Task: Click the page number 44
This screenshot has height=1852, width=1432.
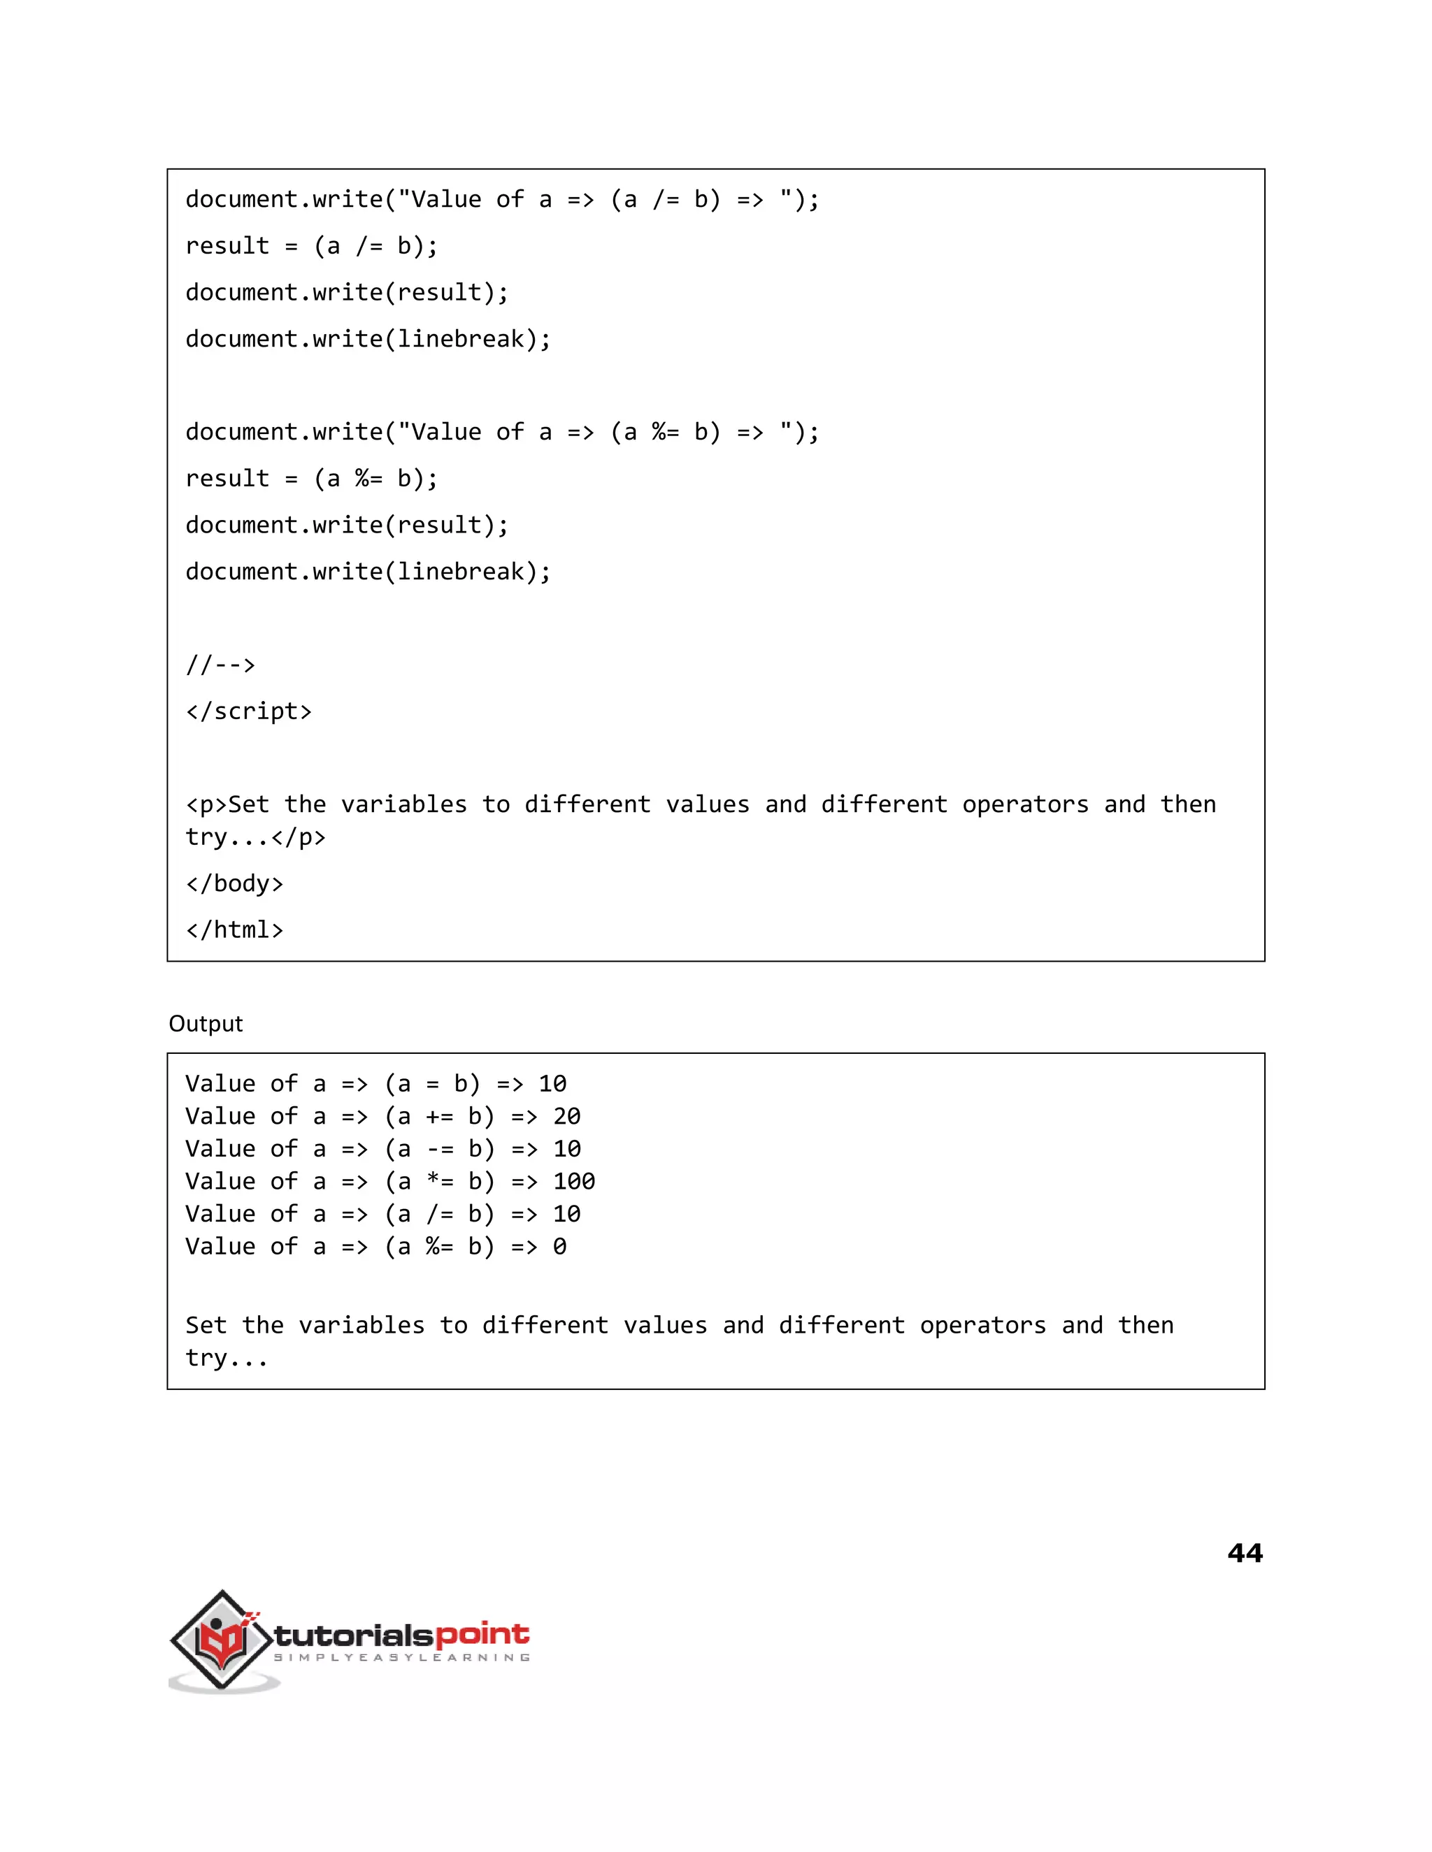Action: (x=1245, y=1553)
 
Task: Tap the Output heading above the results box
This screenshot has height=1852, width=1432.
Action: (x=206, y=1024)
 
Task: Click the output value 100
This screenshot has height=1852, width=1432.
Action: (x=574, y=1181)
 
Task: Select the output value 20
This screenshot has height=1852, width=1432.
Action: (x=566, y=1116)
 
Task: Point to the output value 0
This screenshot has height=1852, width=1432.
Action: (x=560, y=1247)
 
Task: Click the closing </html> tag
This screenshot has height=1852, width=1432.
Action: (x=234, y=930)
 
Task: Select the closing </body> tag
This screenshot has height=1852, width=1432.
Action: (x=234, y=883)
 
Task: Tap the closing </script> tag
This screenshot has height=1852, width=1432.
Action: (x=248, y=711)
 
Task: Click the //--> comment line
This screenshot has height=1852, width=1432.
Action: (x=220, y=664)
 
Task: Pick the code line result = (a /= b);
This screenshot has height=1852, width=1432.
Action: (x=311, y=246)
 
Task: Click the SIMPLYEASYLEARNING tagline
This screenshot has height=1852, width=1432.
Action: (x=401, y=1658)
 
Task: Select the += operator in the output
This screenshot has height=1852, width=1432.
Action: (x=439, y=1116)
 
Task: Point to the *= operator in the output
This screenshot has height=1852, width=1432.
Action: (x=439, y=1181)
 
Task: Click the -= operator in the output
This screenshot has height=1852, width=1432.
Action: (x=439, y=1149)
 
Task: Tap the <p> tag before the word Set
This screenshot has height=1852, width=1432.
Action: (x=206, y=804)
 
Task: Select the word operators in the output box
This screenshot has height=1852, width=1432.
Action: (x=982, y=1325)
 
